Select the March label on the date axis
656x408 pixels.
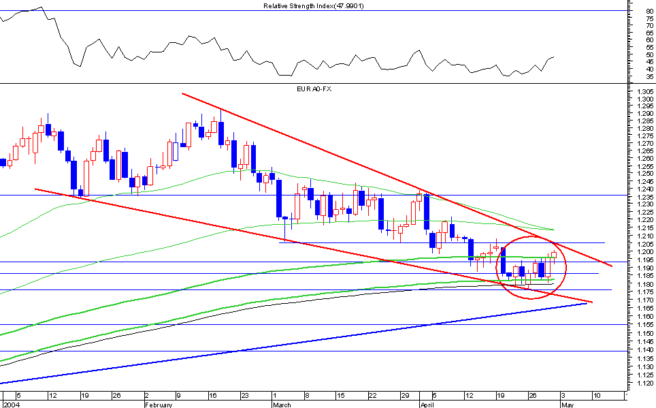click(282, 404)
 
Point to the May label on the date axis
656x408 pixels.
click(567, 404)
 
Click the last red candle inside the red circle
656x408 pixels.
click(554, 256)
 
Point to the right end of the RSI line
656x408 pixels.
click(554, 57)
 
